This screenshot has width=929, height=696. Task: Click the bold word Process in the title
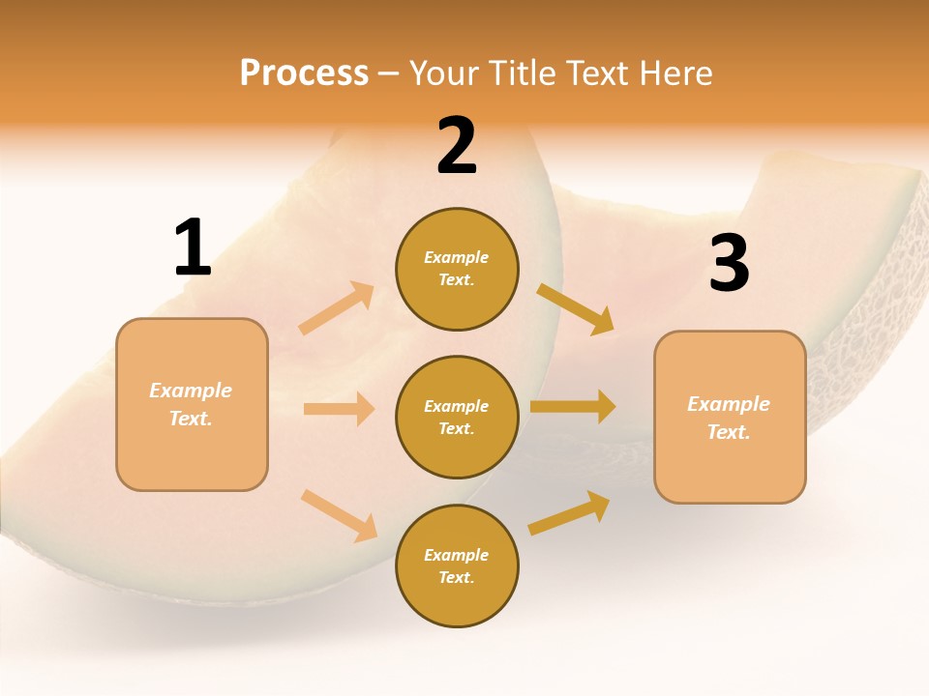pos(304,72)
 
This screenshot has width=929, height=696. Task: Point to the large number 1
pos(193,248)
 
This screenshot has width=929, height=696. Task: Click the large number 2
pos(457,146)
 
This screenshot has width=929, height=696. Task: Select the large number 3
pos(729,263)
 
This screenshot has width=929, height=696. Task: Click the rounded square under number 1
pos(192,404)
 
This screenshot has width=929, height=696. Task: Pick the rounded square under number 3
pos(730,417)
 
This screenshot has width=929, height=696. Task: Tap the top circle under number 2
pos(457,269)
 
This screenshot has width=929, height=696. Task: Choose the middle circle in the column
pos(457,417)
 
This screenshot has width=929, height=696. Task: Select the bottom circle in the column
pos(457,565)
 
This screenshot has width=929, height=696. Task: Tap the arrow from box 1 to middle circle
pos(339,409)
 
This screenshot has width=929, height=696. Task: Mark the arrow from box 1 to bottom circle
pos(339,515)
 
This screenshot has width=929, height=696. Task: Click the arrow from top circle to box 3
pos(576,309)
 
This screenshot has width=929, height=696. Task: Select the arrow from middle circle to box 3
pos(573,406)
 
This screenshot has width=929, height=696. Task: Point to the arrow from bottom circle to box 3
pos(569,512)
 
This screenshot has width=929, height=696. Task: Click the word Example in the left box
pos(191,391)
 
